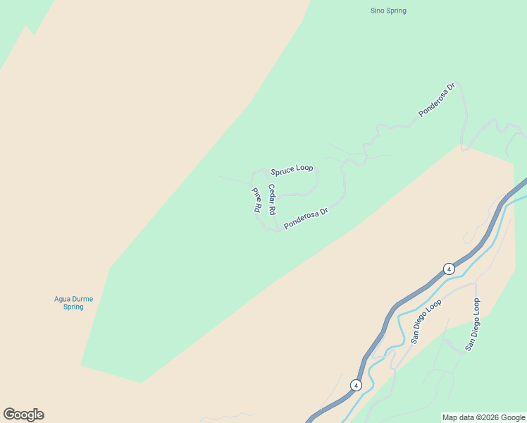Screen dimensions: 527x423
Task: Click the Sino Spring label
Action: [388, 11]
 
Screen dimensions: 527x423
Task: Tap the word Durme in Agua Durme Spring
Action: [82, 299]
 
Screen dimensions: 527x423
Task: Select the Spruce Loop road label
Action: [292, 168]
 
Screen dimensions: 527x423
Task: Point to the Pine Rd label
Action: [256, 199]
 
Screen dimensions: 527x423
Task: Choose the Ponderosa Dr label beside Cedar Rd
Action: [306, 219]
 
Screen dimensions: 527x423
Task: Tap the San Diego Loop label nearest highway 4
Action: [426, 321]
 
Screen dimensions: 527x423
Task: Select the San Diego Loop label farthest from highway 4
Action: [472, 325]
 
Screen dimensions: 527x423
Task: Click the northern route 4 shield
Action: [449, 269]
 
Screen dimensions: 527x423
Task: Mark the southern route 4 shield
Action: [356, 385]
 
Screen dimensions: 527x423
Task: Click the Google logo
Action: [23, 415]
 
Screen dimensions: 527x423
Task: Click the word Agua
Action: [63, 299]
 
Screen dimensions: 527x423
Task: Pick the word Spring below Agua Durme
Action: [73, 307]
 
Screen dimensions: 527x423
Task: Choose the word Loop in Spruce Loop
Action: [304, 168]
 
